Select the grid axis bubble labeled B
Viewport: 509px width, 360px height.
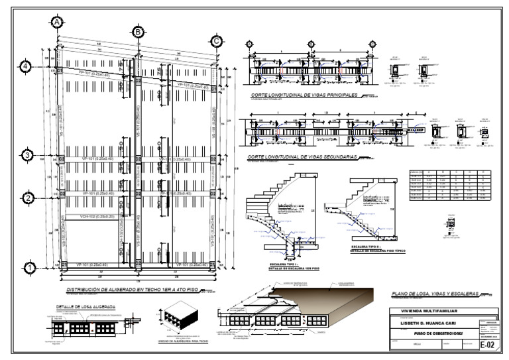[x=138, y=32]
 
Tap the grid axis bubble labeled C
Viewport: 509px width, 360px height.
[x=216, y=41]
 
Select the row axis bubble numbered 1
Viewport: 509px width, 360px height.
[x=28, y=268]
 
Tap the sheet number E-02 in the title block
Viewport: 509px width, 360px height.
[x=486, y=344]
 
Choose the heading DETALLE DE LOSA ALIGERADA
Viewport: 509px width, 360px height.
[x=86, y=308]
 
